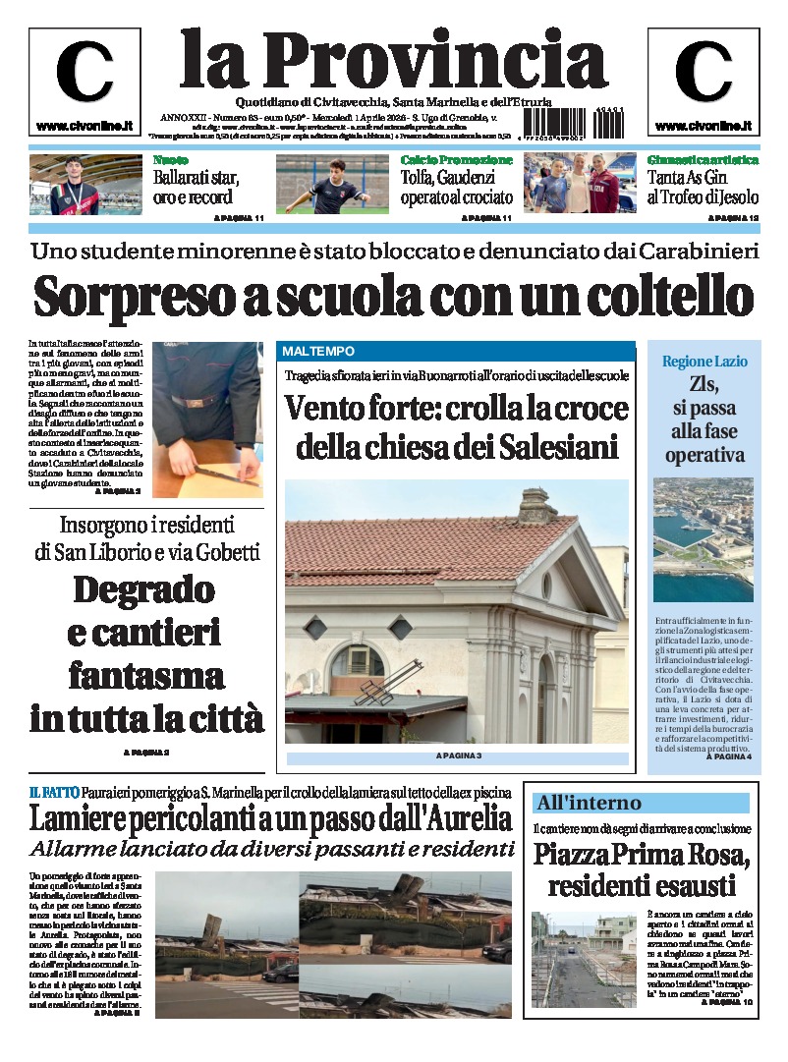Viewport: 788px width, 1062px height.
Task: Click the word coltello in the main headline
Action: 657,296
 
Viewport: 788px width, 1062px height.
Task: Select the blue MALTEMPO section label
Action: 318,351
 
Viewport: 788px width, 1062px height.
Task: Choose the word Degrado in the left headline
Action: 143,589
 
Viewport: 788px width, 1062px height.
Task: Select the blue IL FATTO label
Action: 47,792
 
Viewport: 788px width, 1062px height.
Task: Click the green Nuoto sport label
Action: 172,160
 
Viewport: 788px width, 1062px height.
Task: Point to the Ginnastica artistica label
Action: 703,160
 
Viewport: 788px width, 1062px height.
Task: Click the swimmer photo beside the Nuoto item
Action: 85,184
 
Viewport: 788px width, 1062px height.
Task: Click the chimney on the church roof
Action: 538,505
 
